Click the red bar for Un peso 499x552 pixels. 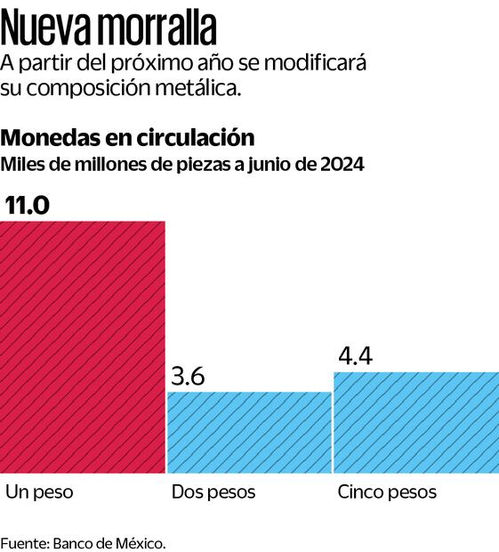[82, 347]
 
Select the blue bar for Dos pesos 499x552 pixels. [249, 433]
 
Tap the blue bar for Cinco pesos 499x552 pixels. [416, 423]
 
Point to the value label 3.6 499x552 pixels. [187, 376]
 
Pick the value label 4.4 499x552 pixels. [355, 356]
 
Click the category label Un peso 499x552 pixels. [40, 492]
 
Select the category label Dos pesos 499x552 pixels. [213, 492]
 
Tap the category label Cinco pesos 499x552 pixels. [387, 492]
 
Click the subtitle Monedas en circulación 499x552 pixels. [128, 138]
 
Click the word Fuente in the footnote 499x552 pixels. [24, 542]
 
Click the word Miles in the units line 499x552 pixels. [21, 165]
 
